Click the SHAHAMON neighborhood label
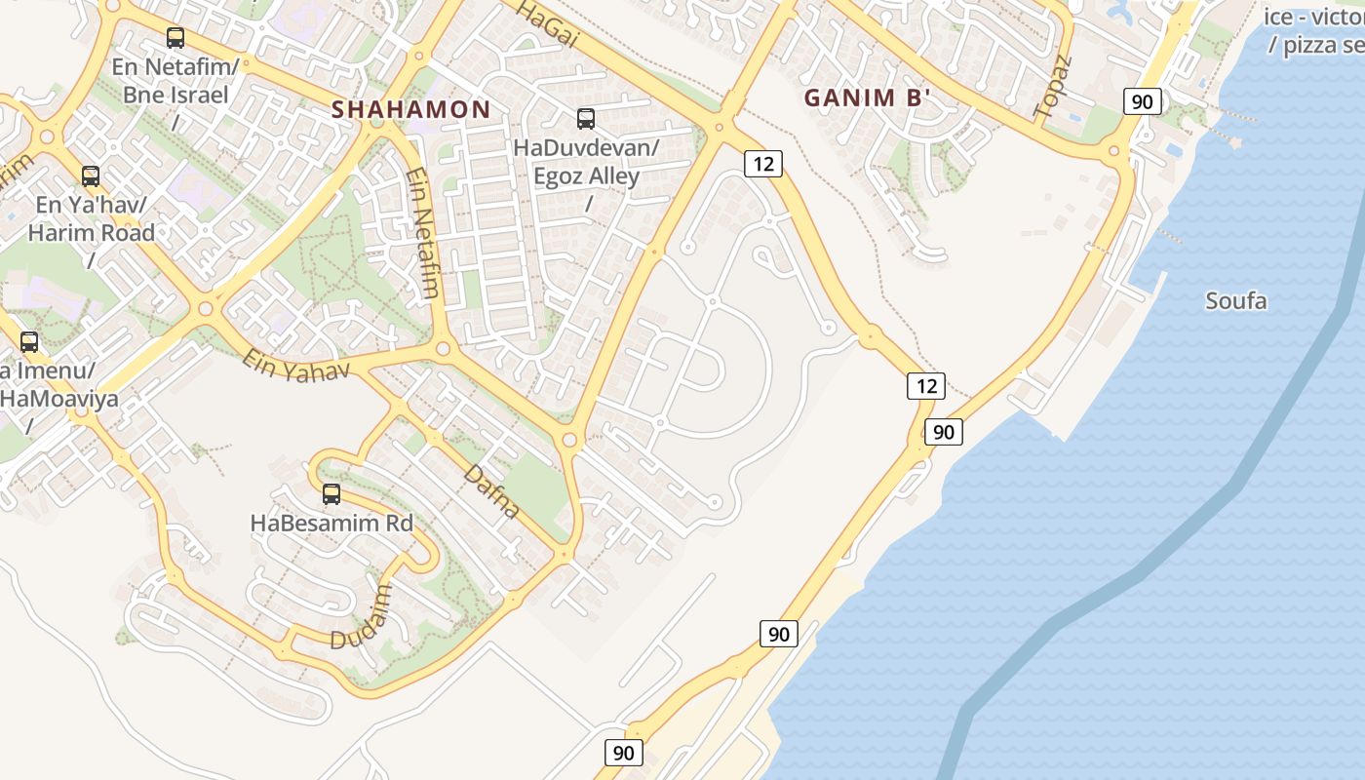point(410,109)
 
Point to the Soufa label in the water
point(1236,300)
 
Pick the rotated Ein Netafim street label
point(422,233)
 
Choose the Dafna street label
point(491,491)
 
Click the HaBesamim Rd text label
point(331,523)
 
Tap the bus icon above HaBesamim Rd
point(331,494)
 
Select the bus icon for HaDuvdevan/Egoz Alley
point(586,119)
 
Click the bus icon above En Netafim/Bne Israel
point(175,38)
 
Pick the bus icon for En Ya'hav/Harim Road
point(91,176)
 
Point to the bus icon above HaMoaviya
point(29,342)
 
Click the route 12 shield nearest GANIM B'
point(762,164)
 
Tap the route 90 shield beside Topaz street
point(1142,101)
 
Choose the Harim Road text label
point(91,233)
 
